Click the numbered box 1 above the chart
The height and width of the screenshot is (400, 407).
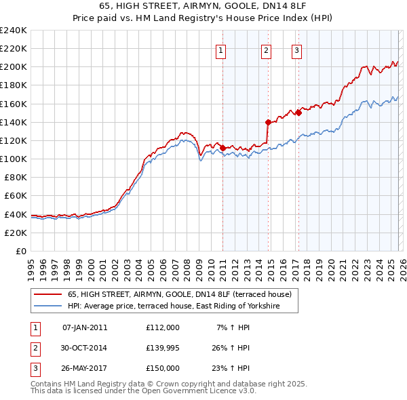[222, 49]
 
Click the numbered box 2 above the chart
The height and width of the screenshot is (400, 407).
[266, 49]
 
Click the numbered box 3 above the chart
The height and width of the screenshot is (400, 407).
[297, 49]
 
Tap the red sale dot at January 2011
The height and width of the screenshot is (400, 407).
[222, 147]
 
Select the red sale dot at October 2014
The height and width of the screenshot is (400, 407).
[268, 122]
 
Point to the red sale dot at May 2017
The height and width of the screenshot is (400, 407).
[298, 113]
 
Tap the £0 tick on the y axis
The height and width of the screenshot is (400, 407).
[21, 251]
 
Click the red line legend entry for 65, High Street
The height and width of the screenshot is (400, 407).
[179, 294]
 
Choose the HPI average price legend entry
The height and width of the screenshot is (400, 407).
[182, 306]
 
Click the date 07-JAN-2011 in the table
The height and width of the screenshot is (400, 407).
[84, 327]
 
